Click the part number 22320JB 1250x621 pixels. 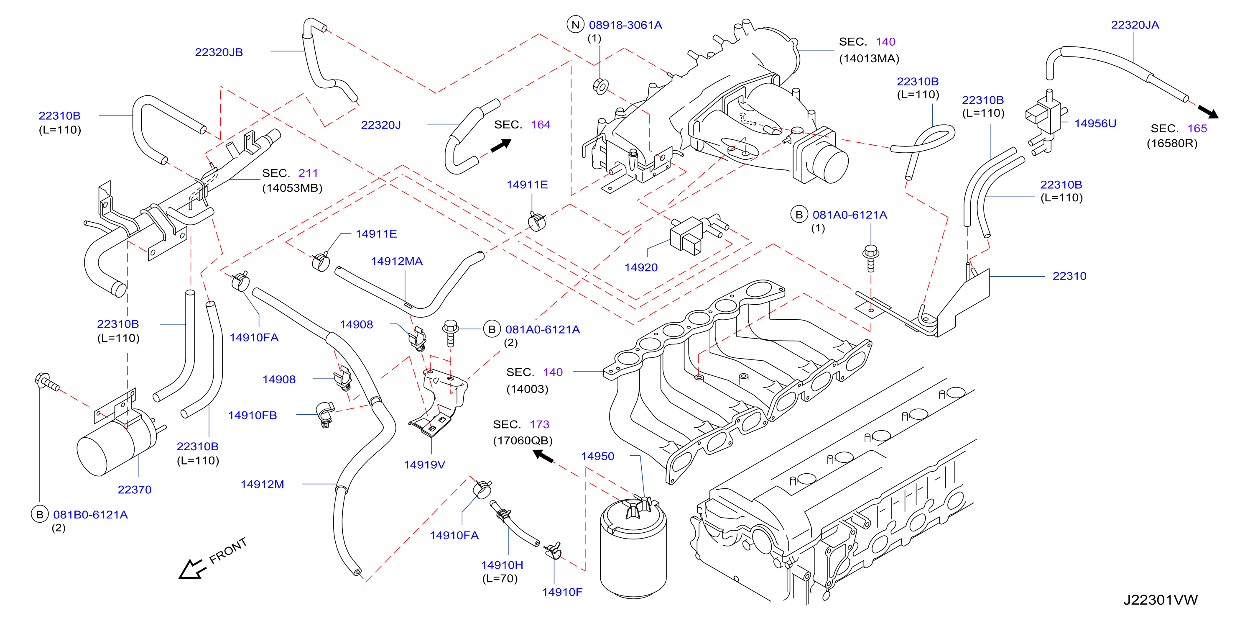[219, 52]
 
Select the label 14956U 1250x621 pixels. [1095, 123]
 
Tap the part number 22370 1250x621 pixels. [135, 490]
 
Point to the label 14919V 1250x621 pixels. [425, 464]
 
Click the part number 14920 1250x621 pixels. [641, 267]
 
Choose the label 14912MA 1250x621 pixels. [397, 261]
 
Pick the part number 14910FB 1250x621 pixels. [253, 415]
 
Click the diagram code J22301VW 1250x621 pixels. [1160, 600]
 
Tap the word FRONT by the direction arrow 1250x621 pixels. [228, 551]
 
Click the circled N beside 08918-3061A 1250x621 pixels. [576, 25]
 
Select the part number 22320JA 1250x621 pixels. [1135, 25]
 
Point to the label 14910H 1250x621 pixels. [502, 565]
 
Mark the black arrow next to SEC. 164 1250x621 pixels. [501, 145]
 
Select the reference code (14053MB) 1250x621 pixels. [292, 188]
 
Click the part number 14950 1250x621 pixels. [598, 457]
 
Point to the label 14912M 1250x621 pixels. [262, 484]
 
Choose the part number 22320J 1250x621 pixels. [381, 125]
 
